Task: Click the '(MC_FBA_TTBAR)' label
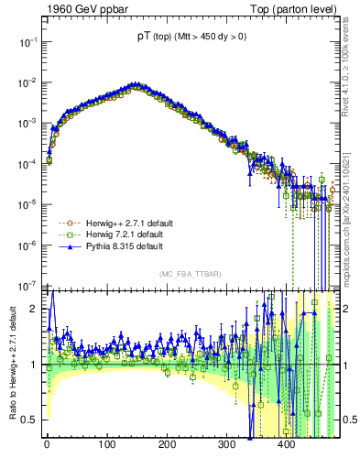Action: coord(188,275)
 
